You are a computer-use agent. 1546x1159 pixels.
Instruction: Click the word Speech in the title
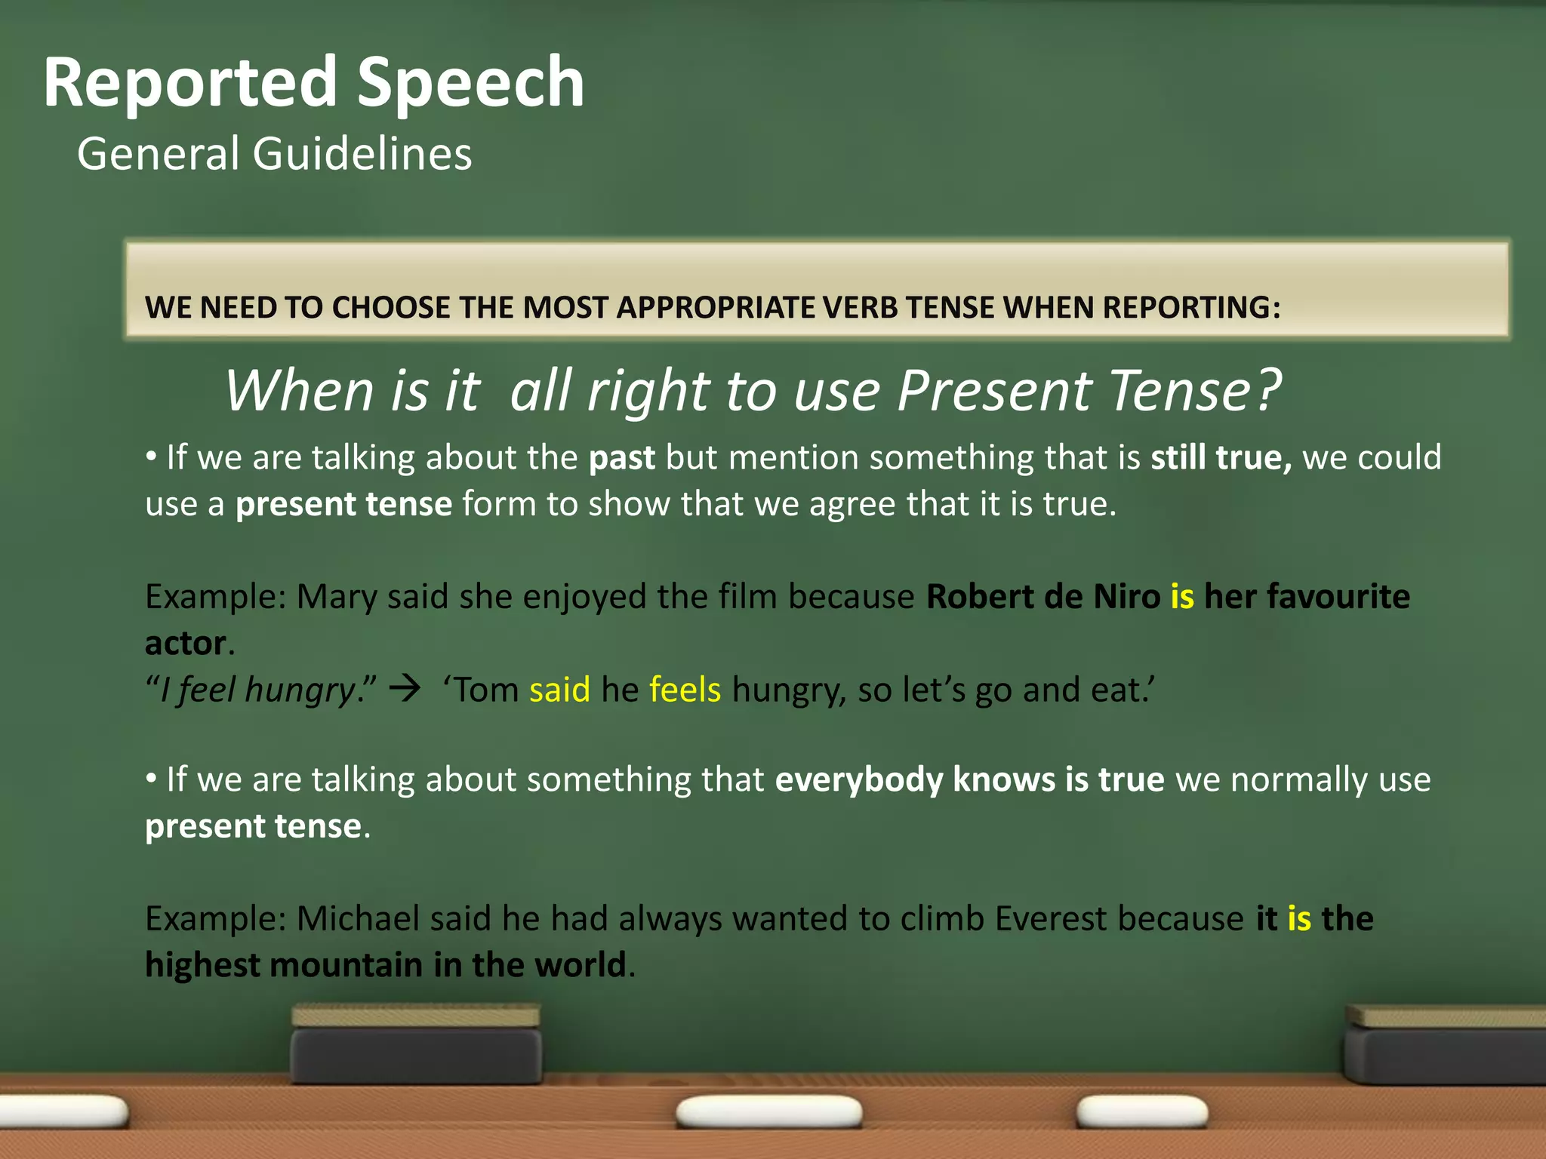470,83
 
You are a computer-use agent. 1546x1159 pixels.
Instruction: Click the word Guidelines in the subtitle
362,154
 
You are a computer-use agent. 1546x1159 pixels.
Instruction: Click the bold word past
621,458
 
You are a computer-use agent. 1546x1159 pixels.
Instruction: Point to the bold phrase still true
1221,458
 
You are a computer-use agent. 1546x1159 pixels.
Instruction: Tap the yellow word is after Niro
1182,597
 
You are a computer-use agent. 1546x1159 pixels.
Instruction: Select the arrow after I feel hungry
408,690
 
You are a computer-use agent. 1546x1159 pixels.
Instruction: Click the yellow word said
559,690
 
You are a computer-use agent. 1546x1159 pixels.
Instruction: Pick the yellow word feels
685,690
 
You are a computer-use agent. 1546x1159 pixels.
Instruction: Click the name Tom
487,690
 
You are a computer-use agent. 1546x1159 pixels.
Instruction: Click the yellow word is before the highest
1299,919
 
